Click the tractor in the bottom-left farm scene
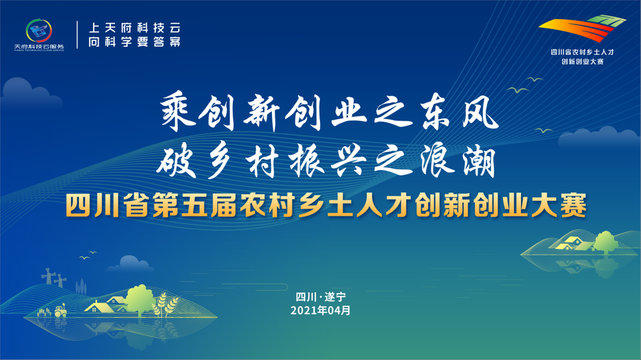(x=60, y=311)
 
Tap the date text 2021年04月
(x=320, y=310)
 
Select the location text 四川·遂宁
(x=320, y=297)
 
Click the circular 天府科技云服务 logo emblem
(x=39, y=31)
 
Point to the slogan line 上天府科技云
(x=133, y=28)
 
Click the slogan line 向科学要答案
(x=133, y=42)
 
